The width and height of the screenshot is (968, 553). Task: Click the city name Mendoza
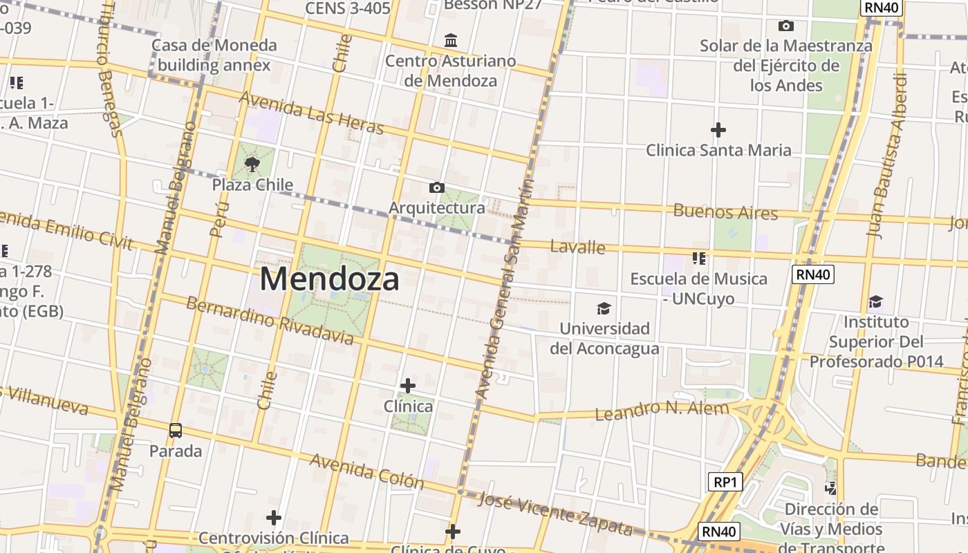[330, 279]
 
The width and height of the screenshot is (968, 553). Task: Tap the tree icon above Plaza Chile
[252, 165]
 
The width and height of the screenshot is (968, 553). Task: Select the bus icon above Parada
[176, 431]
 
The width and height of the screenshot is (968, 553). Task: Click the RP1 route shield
[725, 481]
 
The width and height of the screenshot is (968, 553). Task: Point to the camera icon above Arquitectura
[436, 187]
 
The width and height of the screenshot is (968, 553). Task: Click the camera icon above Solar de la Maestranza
[785, 26]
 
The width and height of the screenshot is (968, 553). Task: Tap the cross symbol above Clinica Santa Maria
[718, 129]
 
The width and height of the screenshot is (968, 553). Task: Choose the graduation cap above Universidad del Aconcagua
[604, 308]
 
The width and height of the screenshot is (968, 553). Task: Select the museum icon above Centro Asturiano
[451, 40]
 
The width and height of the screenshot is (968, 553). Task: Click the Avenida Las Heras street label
[311, 113]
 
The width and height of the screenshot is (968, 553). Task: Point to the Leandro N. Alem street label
[662, 410]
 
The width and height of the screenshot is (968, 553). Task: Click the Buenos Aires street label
[725, 212]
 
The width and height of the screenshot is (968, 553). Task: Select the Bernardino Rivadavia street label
[270, 321]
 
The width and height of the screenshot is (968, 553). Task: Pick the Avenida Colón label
[366, 471]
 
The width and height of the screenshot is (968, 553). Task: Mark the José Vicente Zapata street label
[555, 514]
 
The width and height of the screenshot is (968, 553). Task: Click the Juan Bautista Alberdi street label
[888, 155]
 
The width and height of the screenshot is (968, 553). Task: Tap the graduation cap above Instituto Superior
[876, 301]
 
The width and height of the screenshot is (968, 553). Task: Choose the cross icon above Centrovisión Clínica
[274, 517]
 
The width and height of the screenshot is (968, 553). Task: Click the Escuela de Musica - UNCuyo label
[698, 288]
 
